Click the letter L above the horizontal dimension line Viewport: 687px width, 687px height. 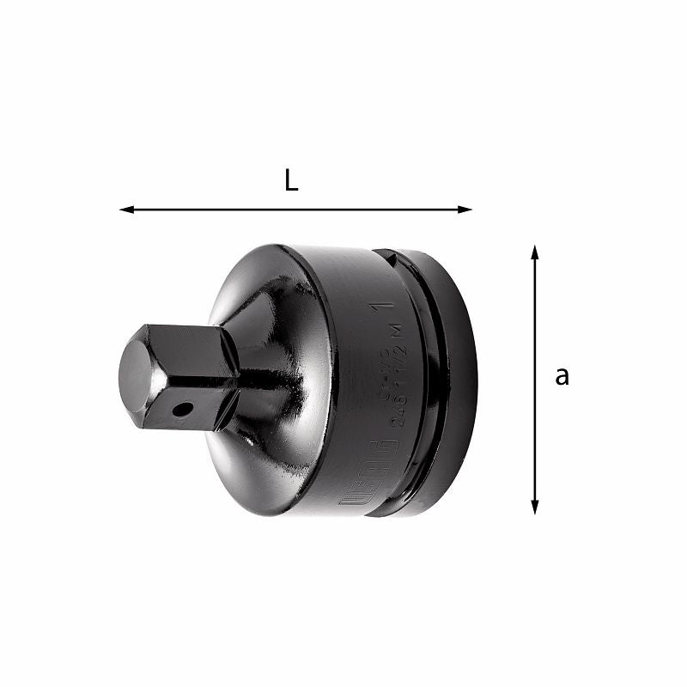coord(291,181)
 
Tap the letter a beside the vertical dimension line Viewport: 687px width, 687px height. coord(562,375)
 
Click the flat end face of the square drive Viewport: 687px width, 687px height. coord(136,375)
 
